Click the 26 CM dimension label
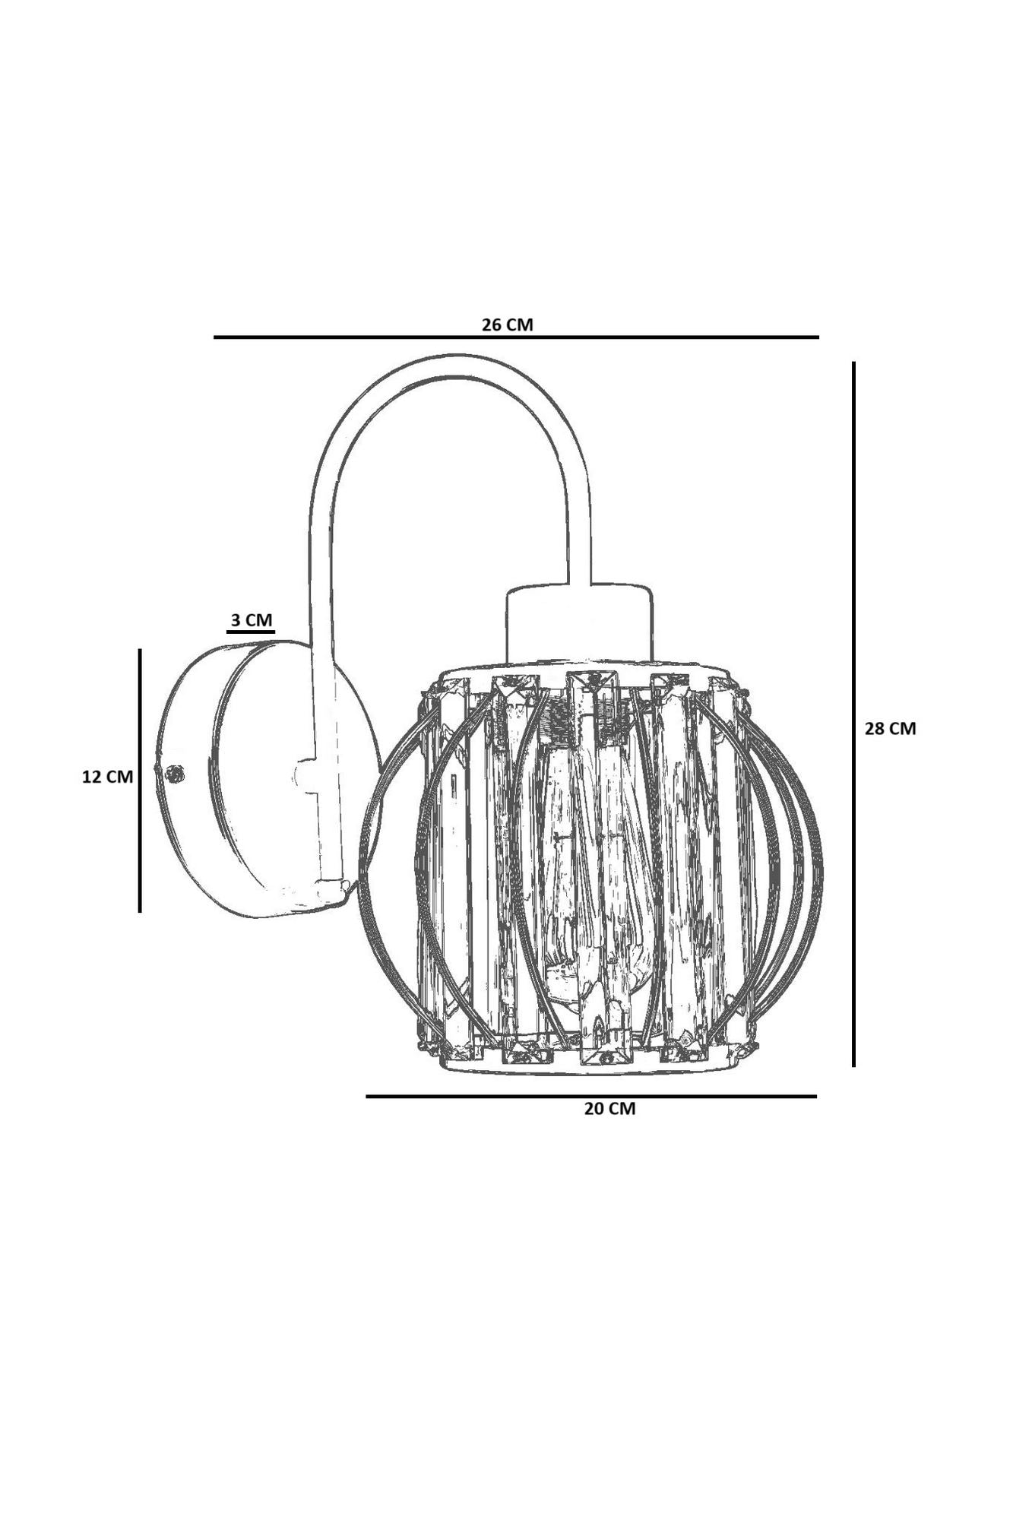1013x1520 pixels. pos(507,325)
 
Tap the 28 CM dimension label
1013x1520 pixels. pos(890,728)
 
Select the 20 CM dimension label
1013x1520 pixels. pos(609,1109)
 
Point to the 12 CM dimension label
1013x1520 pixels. pos(107,777)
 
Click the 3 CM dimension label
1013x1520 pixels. pos(252,620)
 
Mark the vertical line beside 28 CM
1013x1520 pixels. pos(854,714)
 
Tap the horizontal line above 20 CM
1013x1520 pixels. pos(590,1096)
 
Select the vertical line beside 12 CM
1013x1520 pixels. pos(140,779)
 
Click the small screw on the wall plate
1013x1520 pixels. pos(176,774)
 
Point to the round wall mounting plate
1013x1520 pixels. pos(228,783)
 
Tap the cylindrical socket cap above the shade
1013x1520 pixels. pos(579,622)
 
